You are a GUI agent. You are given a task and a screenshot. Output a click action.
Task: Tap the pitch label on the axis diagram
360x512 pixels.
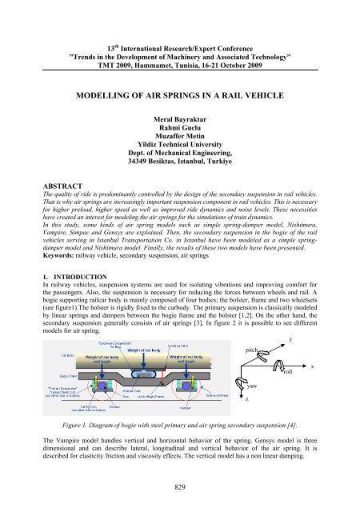(x=250, y=350)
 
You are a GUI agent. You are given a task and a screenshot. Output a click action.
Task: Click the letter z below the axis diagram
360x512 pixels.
(x=248, y=400)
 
